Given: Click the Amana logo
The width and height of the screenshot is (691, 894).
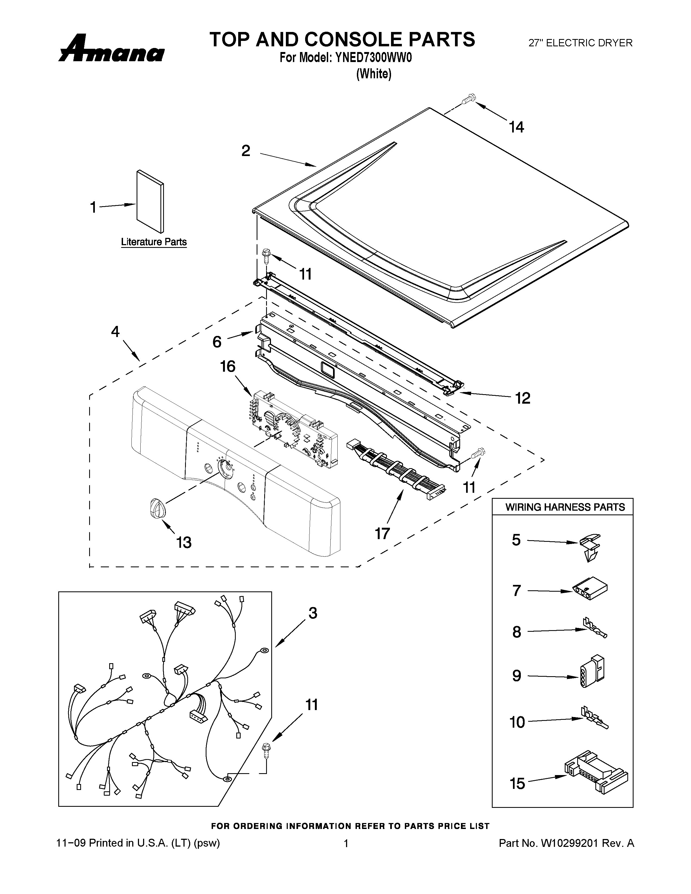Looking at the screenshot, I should [111, 49].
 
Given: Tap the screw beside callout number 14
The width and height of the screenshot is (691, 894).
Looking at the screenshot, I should [468, 99].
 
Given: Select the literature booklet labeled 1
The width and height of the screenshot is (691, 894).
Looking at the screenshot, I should [150, 201].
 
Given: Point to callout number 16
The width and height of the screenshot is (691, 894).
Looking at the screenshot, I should [228, 366].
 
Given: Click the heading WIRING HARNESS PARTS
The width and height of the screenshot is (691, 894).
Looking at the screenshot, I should [565, 507].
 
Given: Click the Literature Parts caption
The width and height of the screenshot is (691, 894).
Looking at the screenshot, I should [154, 242].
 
